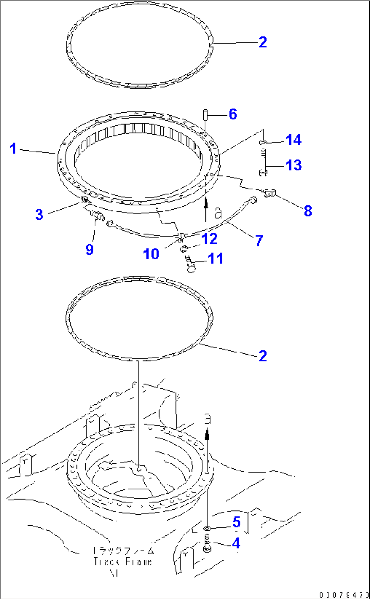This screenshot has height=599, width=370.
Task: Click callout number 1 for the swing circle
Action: (13, 149)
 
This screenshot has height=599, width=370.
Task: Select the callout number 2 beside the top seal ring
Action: (263, 42)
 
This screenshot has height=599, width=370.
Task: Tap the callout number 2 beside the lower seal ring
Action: (263, 356)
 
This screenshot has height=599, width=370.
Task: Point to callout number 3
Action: (39, 214)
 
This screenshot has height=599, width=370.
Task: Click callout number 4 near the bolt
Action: (236, 543)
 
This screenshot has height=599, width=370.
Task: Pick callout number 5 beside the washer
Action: (237, 522)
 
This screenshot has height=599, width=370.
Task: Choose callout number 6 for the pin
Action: (233, 114)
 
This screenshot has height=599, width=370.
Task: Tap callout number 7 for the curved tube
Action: (259, 241)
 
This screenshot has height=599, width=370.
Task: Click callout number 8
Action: (308, 211)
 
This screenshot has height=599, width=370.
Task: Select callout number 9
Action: (90, 249)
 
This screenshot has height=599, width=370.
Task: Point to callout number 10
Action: (151, 254)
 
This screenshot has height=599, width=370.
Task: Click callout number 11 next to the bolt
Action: (215, 259)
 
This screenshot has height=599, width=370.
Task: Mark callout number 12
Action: (209, 239)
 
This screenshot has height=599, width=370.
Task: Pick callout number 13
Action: (294, 165)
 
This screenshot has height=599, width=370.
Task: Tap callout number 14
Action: (294, 140)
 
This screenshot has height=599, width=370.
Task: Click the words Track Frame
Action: (123, 562)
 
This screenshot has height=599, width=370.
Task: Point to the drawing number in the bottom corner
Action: (344, 595)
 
